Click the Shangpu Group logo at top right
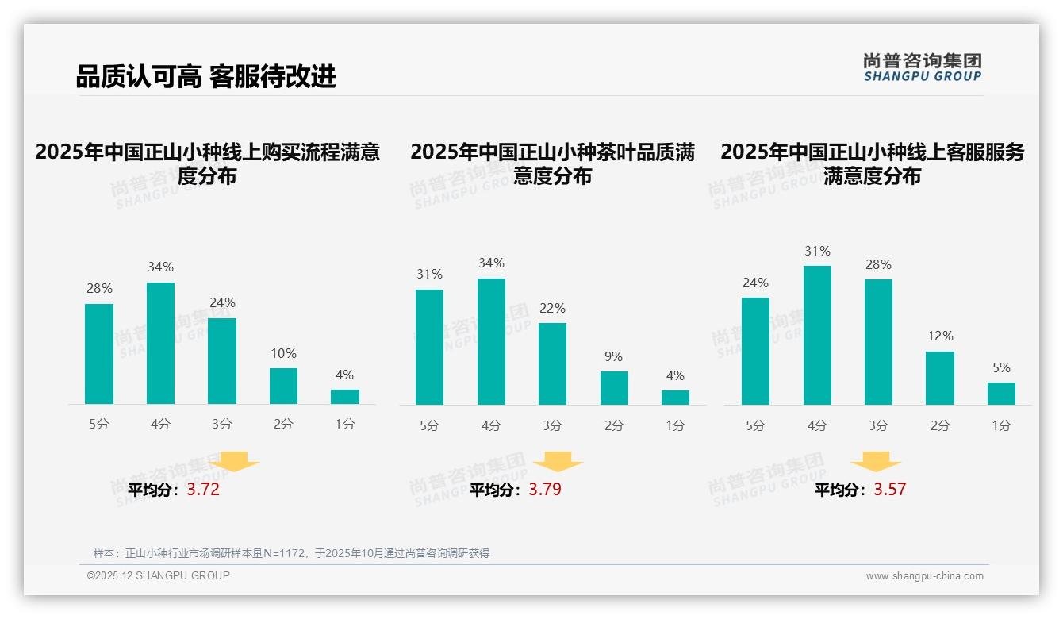(x=922, y=67)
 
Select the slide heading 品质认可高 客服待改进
(x=205, y=76)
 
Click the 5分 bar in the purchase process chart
(x=99, y=354)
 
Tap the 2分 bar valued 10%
(x=283, y=386)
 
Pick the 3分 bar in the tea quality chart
(x=552, y=363)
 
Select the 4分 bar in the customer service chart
(x=817, y=335)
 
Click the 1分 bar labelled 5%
(x=1001, y=394)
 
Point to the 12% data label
(x=940, y=336)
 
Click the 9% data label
(x=613, y=357)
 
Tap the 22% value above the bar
(x=552, y=309)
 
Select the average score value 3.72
(x=203, y=490)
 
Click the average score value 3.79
(x=545, y=490)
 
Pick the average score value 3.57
(x=889, y=490)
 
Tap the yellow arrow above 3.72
(x=235, y=461)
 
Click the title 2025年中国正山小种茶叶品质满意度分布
(x=552, y=163)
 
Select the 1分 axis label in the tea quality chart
(x=675, y=426)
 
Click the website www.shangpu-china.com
(x=924, y=576)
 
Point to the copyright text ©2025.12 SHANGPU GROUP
(x=159, y=575)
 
